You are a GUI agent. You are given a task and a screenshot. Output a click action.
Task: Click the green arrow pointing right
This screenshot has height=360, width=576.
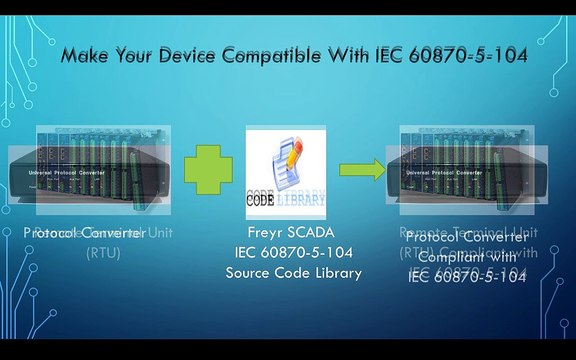click(x=362, y=169)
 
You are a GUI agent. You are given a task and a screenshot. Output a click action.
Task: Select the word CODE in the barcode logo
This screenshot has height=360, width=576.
click(x=263, y=199)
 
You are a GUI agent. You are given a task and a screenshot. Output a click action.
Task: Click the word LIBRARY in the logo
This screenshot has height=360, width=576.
click(x=306, y=199)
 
